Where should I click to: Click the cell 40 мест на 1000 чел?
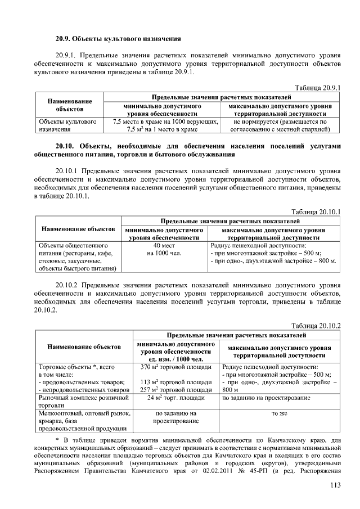tap(164, 249)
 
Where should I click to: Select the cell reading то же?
tap(280, 413)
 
